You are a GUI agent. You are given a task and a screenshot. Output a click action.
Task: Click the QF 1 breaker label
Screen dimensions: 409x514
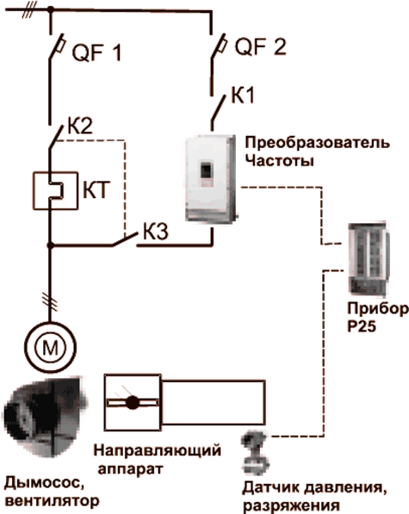(x=96, y=53)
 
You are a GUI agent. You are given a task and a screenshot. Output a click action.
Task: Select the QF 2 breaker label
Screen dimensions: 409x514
(x=261, y=46)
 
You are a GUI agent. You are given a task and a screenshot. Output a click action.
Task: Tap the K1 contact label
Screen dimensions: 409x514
(x=243, y=95)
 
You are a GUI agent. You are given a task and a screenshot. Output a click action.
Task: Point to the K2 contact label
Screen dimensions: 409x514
(x=80, y=125)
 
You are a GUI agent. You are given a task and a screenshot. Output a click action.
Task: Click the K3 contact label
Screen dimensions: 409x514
(x=156, y=231)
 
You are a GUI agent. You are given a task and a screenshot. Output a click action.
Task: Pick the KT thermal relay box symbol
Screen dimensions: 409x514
(x=55, y=190)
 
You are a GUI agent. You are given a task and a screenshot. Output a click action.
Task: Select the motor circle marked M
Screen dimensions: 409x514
(x=50, y=347)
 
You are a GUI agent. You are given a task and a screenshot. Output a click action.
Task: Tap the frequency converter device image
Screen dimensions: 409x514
(x=211, y=178)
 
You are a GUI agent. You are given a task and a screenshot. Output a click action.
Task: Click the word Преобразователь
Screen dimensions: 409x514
(x=318, y=143)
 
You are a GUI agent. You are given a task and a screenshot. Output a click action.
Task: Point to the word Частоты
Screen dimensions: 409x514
(x=280, y=161)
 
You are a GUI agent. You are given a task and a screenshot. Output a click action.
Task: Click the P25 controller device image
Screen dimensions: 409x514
(x=369, y=259)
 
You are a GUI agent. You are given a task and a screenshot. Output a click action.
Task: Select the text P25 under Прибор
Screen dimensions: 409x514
(x=362, y=325)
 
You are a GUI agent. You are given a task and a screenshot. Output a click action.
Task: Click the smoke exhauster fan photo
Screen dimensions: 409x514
(x=46, y=417)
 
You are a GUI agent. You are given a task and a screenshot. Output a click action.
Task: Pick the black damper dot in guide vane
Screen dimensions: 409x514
(x=133, y=402)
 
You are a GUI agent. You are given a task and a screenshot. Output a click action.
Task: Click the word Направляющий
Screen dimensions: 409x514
(x=158, y=451)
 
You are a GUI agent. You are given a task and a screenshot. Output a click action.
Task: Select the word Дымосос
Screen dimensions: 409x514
(x=44, y=484)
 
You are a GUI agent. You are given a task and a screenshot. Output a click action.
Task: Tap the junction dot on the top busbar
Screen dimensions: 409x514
(x=51, y=9)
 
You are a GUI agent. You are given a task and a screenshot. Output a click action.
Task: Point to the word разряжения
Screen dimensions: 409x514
(x=291, y=505)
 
